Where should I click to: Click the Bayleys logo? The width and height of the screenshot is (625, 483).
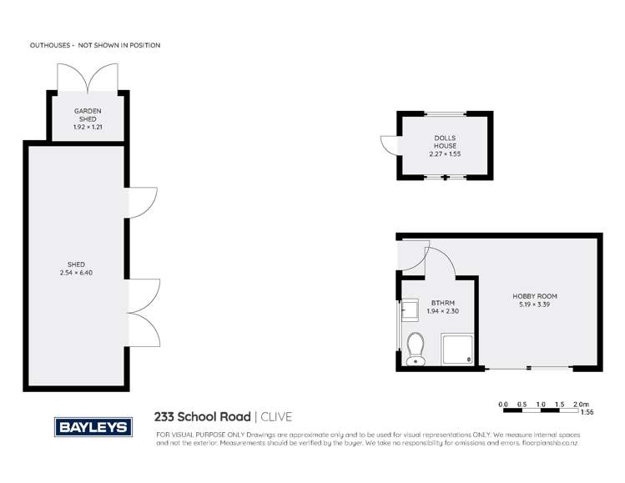click(x=93, y=427)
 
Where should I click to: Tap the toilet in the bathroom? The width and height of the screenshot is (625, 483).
click(x=415, y=350)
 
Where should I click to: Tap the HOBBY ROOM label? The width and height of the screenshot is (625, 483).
click(x=535, y=296)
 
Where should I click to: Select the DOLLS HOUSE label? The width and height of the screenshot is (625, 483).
click(x=445, y=142)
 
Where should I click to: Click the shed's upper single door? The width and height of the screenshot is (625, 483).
click(x=140, y=203)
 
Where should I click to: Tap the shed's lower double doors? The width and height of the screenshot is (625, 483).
click(x=143, y=313)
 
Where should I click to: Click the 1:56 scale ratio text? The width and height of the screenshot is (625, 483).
click(x=587, y=412)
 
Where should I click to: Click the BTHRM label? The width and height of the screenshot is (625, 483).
click(x=442, y=304)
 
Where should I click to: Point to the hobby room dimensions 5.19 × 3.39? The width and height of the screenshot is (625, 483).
click(x=535, y=304)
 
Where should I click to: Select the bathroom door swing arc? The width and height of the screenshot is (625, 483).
click(x=441, y=260)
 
